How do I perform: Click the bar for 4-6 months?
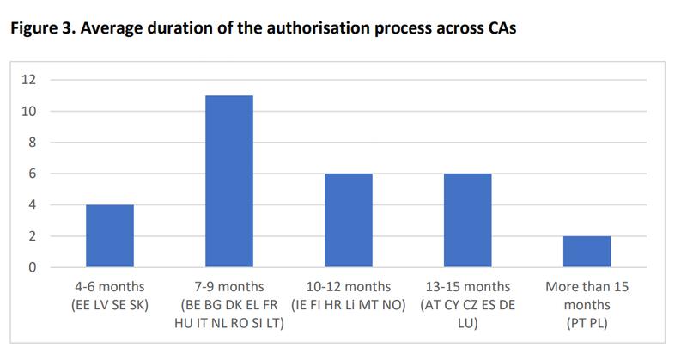point(109,235)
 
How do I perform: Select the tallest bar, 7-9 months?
point(228,181)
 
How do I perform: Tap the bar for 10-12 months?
point(348,220)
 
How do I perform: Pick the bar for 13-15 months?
point(467,220)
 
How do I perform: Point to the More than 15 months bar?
point(587,251)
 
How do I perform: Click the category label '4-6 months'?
point(109,287)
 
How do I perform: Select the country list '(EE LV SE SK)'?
point(109,304)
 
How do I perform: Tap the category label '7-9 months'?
point(228,287)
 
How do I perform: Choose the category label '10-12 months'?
point(348,287)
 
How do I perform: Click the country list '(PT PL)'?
point(587,322)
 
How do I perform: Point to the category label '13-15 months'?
point(467,287)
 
